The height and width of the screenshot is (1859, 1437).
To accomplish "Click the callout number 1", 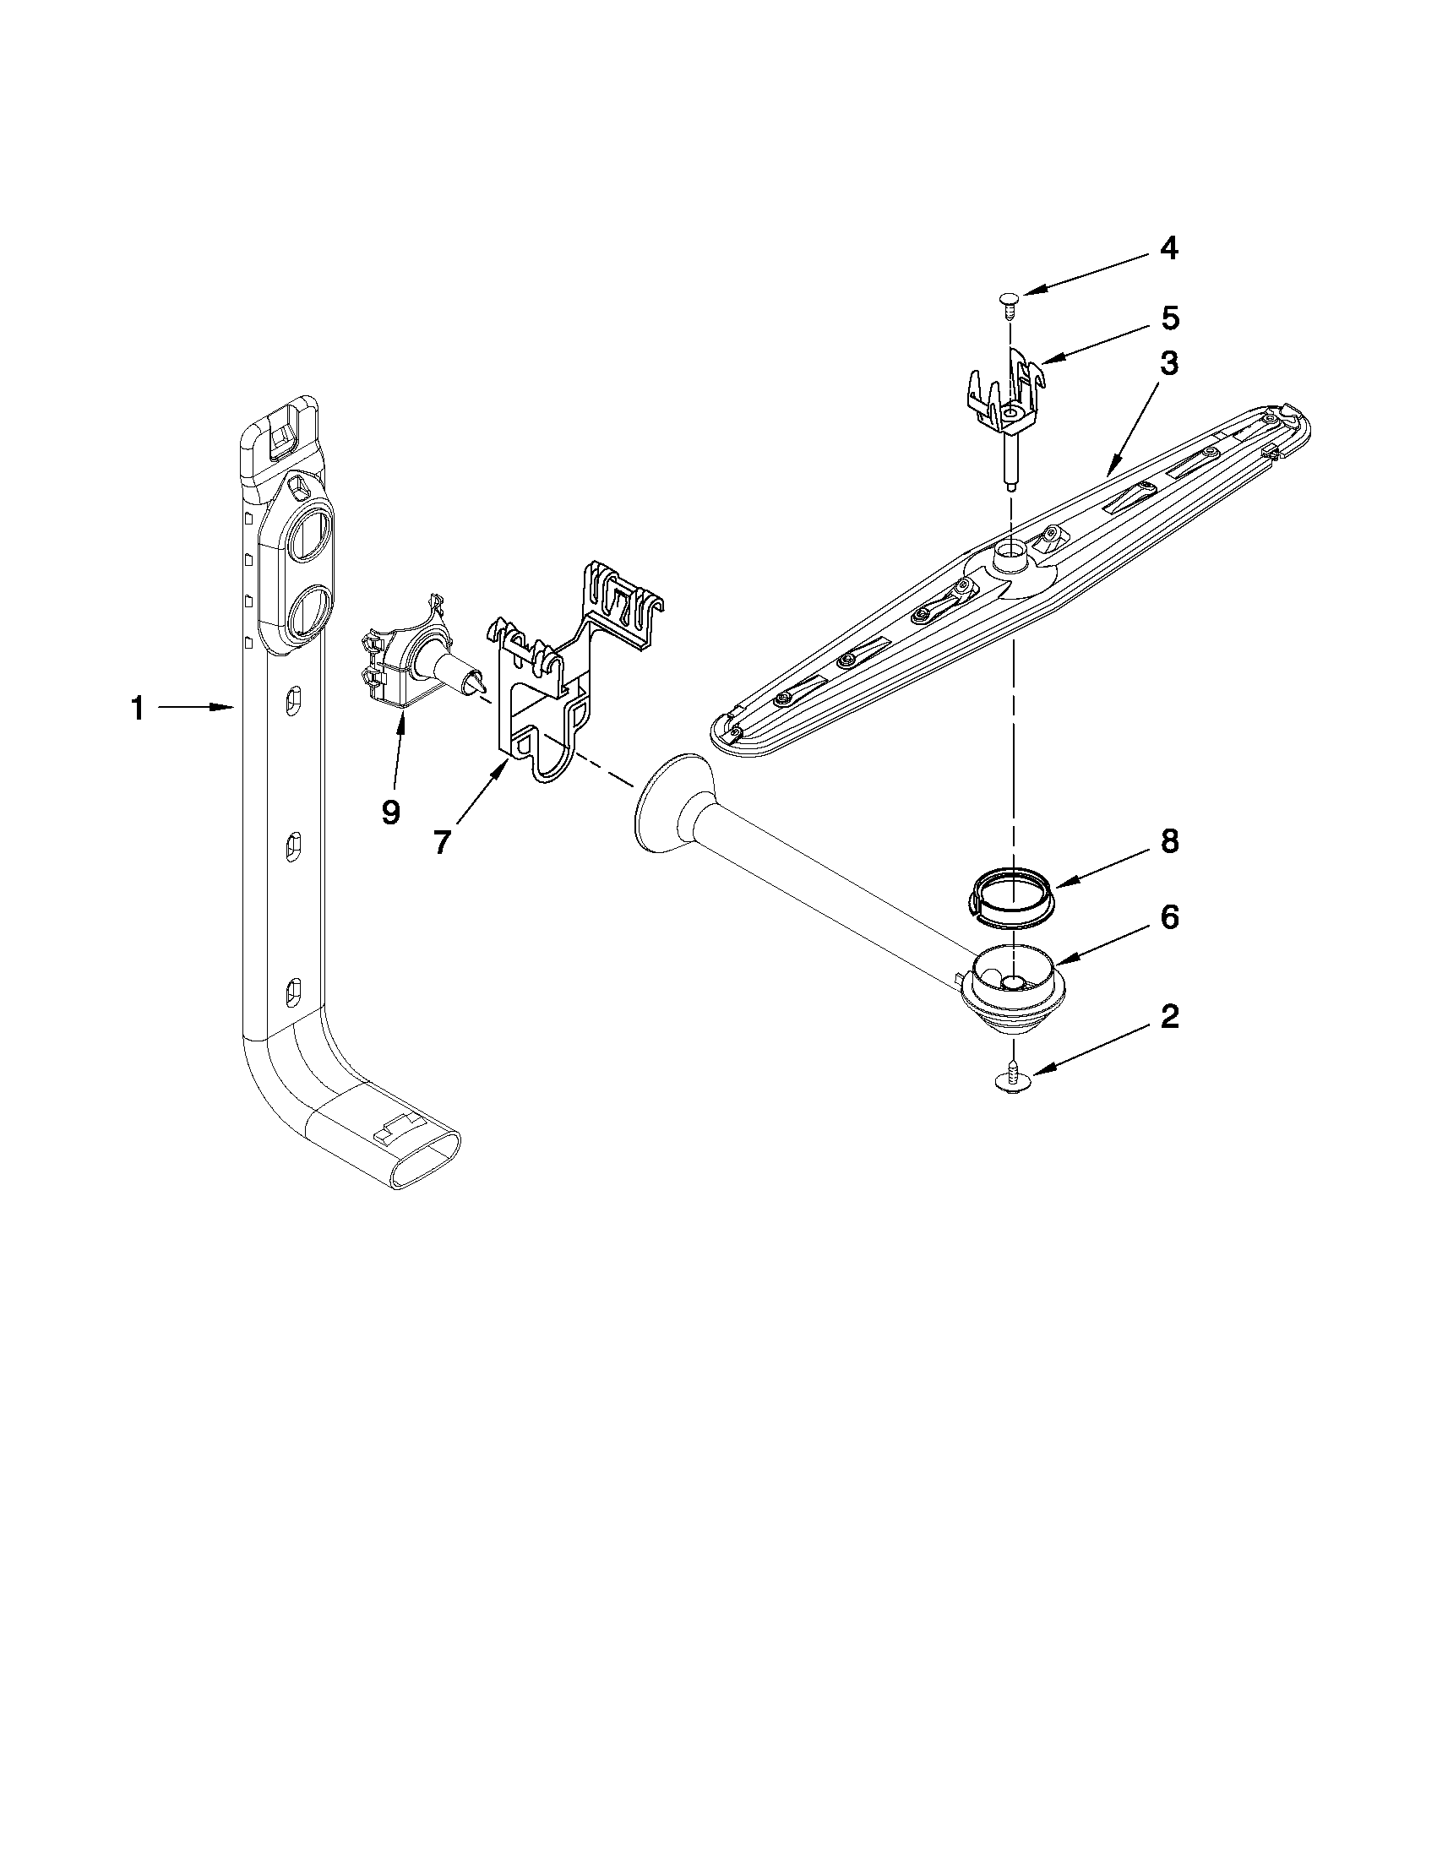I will (x=137, y=707).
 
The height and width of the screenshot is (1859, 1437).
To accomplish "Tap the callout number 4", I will (x=1169, y=248).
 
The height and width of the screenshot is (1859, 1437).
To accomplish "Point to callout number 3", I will (x=1170, y=363).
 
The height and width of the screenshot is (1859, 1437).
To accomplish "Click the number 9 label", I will (x=391, y=813).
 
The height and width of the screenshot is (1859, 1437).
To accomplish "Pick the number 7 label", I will (x=441, y=842).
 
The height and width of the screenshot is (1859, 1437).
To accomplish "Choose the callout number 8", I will (x=1170, y=841).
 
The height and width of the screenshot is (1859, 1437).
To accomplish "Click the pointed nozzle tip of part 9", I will (x=478, y=681).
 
